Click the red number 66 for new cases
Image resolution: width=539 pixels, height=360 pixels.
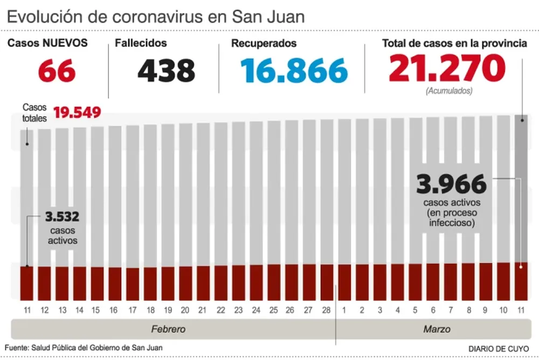point(57,70)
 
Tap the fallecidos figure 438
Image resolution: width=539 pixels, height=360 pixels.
point(166,70)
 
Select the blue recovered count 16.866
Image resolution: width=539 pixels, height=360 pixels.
point(294,70)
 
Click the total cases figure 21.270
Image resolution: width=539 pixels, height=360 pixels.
point(447,68)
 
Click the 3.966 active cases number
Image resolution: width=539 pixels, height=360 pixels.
point(451,184)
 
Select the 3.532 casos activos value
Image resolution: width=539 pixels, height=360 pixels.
point(63,217)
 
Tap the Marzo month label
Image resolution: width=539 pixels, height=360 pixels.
point(437,329)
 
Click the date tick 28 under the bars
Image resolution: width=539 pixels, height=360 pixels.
point(326,310)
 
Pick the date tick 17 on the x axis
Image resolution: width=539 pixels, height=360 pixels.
point(133,310)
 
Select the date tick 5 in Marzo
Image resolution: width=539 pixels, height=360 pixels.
point(414,310)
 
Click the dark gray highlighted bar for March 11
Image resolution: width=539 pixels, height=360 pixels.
point(521,189)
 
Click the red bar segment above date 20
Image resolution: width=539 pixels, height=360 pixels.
point(185,283)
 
